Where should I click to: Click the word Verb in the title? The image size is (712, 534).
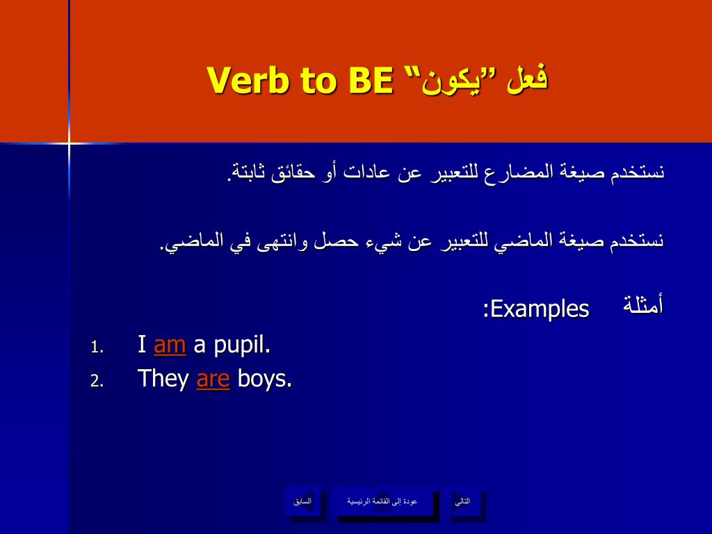248,81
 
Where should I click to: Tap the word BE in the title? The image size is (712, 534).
371,81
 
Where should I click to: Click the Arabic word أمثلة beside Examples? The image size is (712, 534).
643,305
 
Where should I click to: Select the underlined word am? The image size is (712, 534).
170,345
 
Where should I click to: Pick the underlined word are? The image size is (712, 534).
213,379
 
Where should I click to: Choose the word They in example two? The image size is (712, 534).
163,379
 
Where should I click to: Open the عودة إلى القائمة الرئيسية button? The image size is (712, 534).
382,501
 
